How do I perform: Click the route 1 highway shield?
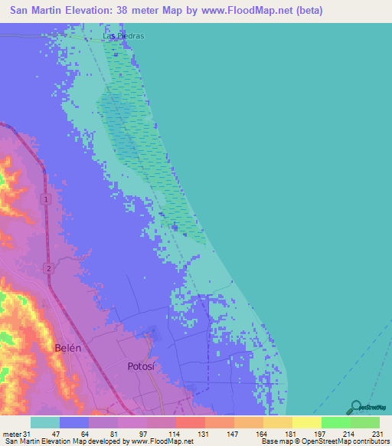[x=46, y=200]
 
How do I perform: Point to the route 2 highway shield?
[x=47, y=267]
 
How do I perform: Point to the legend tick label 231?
[x=378, y=433]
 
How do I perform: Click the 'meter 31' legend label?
[x=15, y=433]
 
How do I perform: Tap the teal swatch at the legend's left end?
[x=44, y=422]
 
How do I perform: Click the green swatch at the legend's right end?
[x=365, y=422]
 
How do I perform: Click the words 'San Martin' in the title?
[x=35, y=11]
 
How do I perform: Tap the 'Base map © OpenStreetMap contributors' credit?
[x=324, y=441]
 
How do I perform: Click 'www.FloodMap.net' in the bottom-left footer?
[x=162, y=441]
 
